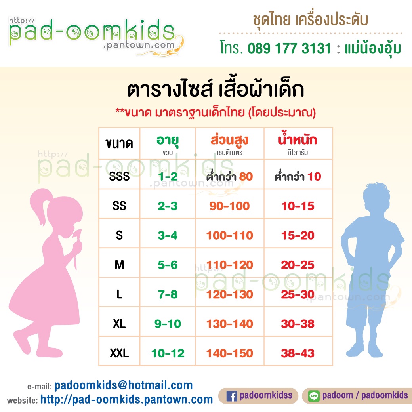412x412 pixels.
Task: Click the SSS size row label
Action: (119, 176)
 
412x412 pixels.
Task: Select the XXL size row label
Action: (119, 353)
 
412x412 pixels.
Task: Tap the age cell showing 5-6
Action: (168, 265)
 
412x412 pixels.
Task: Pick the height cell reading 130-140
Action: (230, 324)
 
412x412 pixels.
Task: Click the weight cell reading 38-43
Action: (298, 353)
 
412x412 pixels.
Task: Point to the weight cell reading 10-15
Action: (298, 206)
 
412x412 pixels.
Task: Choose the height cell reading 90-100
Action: (230, 206)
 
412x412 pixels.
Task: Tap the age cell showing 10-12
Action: (168, 353)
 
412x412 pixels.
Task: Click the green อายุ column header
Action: (168, 141)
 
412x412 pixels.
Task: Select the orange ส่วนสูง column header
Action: (229, 140)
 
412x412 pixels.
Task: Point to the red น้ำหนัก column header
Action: (298, 139)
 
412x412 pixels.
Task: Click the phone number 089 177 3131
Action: (289, 48)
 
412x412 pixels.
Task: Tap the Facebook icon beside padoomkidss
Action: (231, 396)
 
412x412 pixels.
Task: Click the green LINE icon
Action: (314, 396)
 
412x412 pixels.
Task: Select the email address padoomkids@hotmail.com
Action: (124, 385)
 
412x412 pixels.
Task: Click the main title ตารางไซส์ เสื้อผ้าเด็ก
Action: (216, 90)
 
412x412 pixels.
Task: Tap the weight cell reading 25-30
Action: (298, 294)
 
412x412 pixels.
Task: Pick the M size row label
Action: (119, 265)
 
